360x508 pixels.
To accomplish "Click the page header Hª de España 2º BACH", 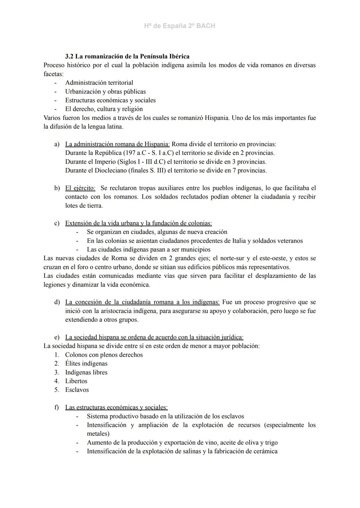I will coord(180,26).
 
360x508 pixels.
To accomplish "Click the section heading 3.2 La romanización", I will coord(127,56).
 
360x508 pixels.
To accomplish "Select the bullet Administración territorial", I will coord(99,83).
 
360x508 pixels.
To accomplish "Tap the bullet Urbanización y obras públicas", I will coord(105,91).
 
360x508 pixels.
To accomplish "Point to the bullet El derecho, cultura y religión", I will coord(104,109).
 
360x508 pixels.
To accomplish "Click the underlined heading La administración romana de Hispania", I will coord(117,144).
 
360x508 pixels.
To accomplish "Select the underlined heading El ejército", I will coord(80,188).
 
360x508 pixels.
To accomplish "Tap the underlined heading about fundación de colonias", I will coord(138,223).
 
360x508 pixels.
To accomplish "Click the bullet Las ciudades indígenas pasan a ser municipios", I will coord(148,250).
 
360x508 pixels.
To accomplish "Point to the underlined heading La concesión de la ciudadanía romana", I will coord(142,302).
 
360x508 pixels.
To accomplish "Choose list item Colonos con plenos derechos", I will coord(104,355).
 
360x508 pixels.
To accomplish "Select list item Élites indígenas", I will coord(86,363).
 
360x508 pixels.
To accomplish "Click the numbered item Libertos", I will coord(76,381).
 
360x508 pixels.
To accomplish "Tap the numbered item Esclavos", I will coord(77,390).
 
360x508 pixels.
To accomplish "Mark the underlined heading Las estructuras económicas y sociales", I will coord(116,407).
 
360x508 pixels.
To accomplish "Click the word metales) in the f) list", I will coord(98,434).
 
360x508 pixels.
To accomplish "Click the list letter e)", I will coord(57,337).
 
